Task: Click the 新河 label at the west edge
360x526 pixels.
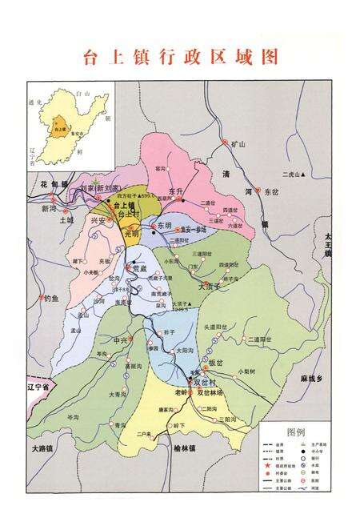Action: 49,207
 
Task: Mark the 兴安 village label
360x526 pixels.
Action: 98,219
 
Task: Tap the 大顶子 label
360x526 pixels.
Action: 208,285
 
